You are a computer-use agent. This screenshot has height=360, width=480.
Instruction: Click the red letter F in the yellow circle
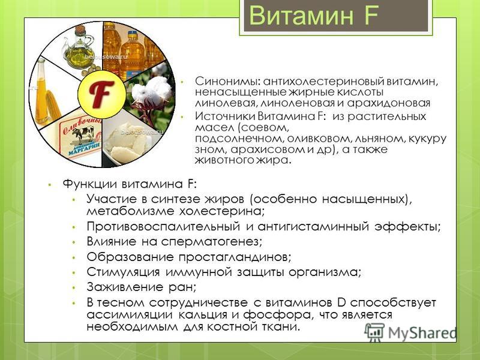101,94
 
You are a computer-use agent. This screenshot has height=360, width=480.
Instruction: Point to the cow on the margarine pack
83,134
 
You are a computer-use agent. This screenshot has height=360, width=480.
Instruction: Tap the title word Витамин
301,16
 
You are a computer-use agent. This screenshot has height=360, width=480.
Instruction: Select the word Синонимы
227,82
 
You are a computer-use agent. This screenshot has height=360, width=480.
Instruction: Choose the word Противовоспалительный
163,227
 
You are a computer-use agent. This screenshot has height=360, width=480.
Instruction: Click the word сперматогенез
211,242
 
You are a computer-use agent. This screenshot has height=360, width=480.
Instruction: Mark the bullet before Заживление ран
73,288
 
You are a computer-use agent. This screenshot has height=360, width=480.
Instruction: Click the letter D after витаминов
341,302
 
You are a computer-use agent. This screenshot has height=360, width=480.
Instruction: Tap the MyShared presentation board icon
374,332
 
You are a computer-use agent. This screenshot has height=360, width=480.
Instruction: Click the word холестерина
221,211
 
